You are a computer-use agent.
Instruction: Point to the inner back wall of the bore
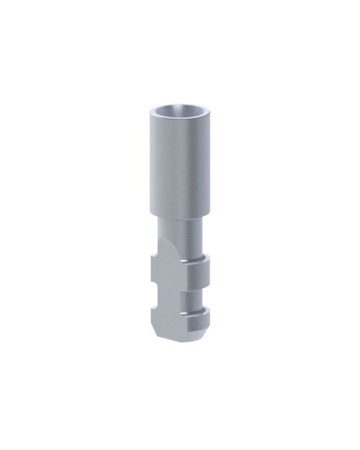coord(179,109)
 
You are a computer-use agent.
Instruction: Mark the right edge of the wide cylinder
coord(209,166)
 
